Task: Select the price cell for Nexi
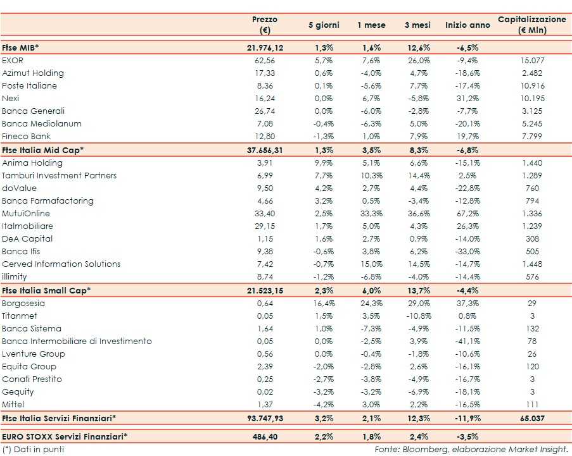[x=265, y=98]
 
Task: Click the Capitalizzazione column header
[x=532, y=25]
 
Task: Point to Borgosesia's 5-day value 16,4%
[x=324, y=303]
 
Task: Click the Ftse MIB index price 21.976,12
[x=265, y=47]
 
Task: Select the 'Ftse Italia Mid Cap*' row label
[x=43, y=150]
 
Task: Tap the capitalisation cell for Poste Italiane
[x=532, y=85]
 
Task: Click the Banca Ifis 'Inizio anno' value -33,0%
[x=467, y=251]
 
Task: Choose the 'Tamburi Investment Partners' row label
[x=60, y=175]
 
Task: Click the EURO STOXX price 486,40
[x=265, y=436]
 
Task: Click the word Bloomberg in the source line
[x=428, y=449]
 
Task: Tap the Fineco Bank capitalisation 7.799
[x=532, y=136]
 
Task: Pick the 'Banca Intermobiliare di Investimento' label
[x=77, y=341]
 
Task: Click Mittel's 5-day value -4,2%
[x=324, y=404]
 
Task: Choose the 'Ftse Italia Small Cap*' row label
[x=46, y=290]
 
